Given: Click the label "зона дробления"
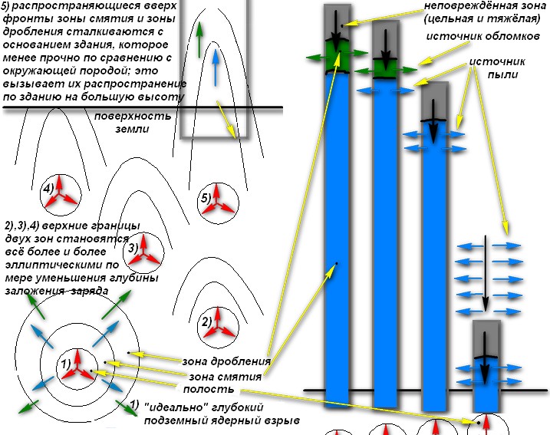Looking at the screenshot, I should click(226, 361).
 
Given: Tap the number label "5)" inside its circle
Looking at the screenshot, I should click(206, 197).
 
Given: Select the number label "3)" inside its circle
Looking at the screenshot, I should click(133, 248).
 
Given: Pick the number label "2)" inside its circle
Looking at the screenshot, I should click(206, 321).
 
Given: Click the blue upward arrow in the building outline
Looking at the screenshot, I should click(216, 64).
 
